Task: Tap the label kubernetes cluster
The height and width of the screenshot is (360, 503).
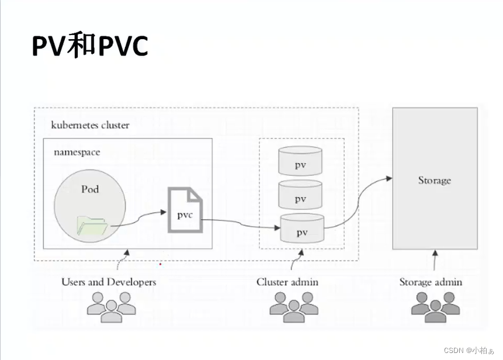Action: (91, 125)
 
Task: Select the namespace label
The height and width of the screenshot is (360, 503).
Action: (77, 152)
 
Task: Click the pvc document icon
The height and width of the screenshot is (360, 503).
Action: (185, 210)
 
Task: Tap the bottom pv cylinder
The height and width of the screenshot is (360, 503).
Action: (301, 229)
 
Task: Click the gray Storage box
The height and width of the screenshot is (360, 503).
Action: (435, 179)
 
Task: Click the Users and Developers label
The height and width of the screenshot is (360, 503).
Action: (109, 282)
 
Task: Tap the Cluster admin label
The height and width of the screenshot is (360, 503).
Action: (287, 282)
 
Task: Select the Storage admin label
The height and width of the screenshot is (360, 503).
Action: (431, 282)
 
